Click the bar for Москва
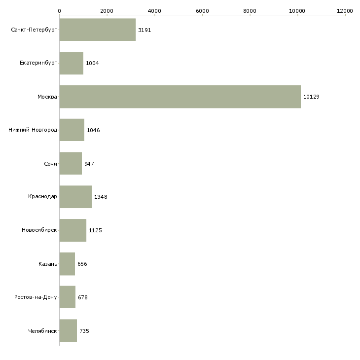click(x=180, y=97)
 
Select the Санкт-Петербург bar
click(x=97, y=30)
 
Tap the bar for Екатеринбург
click(x=71, y=63)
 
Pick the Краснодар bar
click(x=75, y=197)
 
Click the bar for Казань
click(x=67, y=264)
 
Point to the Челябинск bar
click(x=68, y=331)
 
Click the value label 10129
click(x=311, y=97)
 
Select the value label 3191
click(x=144, y=30)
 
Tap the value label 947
click(x=89, y=164)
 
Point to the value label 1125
click(x=95, y=230)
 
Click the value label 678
click(x=83, y=297)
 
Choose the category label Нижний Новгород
click(x=33, y=130)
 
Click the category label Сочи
click(x=50, y=164)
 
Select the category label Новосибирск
click(x=39, y=230)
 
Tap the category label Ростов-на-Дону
click(x=36, y=297)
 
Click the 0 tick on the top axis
click(x=59, y=10)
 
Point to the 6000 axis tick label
click(x=202, y=10)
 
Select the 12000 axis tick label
click(x=345, y=10)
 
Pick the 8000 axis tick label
click(x=250, y=10)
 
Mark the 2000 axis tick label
click(x=107, y=10)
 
